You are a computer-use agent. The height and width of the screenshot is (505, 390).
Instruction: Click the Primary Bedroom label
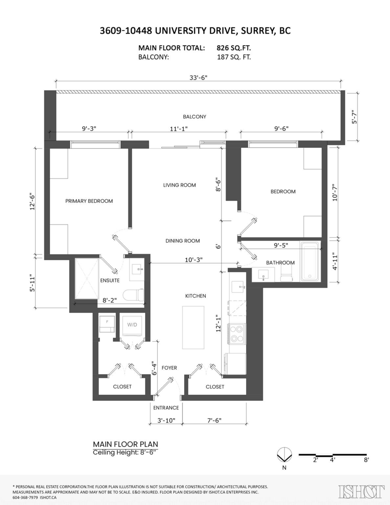(x=89, y=201)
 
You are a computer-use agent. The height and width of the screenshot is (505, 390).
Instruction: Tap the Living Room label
(x=179, y=185)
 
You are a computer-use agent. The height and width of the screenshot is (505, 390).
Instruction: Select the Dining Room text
(x=183, y=241)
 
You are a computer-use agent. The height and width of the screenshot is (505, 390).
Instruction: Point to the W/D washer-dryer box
(x=132, y=326)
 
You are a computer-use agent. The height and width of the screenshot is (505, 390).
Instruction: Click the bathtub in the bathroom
(x=310, y=261)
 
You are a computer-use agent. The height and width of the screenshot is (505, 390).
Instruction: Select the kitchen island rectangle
(x=193, y=327)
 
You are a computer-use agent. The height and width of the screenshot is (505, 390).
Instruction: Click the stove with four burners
(x=237, y=334)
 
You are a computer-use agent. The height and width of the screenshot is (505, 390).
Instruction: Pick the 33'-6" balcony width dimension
(x=199, y=77)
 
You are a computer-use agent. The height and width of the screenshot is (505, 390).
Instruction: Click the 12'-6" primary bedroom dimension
(x=32, y=202)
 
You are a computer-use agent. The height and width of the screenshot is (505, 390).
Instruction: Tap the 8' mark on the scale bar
(x=366, y=460)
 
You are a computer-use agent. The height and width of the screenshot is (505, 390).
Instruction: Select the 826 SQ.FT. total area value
(x=233, y=48)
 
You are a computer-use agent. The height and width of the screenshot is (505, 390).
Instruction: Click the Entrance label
(x=166, y=408)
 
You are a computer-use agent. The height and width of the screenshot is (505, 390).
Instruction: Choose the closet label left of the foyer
(x=122, y=386)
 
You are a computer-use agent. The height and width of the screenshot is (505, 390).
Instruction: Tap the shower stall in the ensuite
(x=87, y=278)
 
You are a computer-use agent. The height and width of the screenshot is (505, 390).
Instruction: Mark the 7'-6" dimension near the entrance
(x=214, y=420)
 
